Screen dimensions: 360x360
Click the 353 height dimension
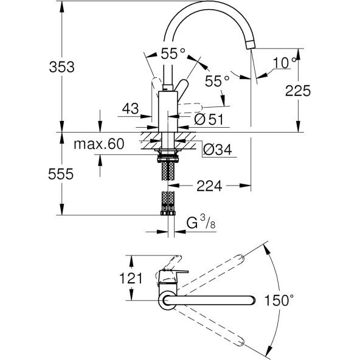pyautogui.click(x=62, y=67)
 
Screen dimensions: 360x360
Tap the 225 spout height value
pyautogui.click(x=298, y=91)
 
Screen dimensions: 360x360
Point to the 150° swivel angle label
pyautogui.click(x=282, y=299)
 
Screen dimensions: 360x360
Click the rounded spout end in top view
pyautogui.click(x=251, y=300)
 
